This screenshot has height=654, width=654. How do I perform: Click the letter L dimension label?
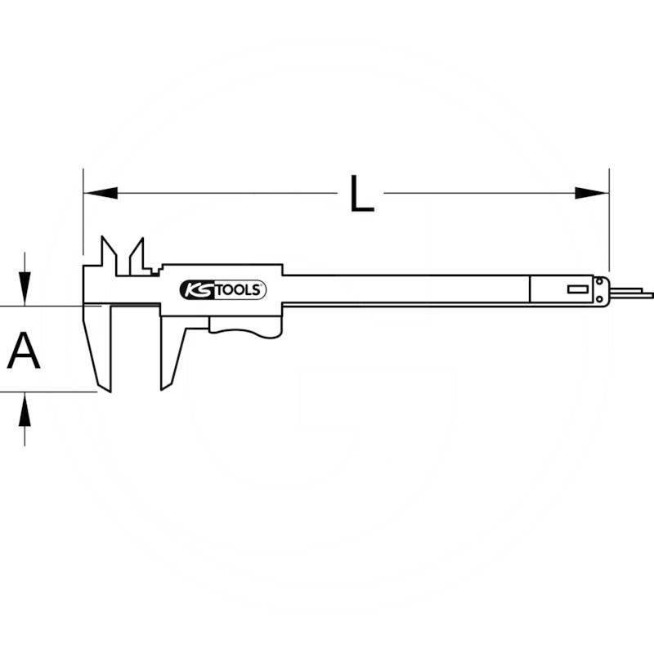pos(361,194)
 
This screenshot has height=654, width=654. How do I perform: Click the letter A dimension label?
pos(24,351)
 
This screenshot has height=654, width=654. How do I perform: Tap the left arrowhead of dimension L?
pos(101,193)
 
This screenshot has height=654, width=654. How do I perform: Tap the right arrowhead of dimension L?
pos(591,193)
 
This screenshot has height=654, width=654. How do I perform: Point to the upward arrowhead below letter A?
pos(25,410)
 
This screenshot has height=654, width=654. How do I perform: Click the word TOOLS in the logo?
pos(239,290)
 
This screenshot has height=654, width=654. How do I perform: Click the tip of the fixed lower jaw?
pos(110,392)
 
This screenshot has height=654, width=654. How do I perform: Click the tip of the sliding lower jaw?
pos(161,390)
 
